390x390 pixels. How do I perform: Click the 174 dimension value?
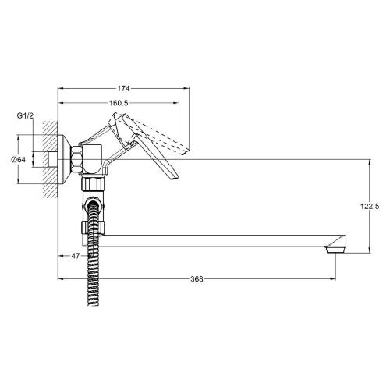coord(123,89)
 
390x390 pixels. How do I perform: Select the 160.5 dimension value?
coord(119,103)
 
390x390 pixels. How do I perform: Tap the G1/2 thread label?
coord(25,115)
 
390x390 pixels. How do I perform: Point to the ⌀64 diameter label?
coord(19,159)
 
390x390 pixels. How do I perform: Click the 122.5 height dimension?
coord(370,207)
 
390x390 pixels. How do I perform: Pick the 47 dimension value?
coord(76,256)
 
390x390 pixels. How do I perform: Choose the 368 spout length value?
coord(197,279)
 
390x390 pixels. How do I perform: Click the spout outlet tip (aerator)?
coord(336,250)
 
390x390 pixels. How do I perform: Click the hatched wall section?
coord(49,159)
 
